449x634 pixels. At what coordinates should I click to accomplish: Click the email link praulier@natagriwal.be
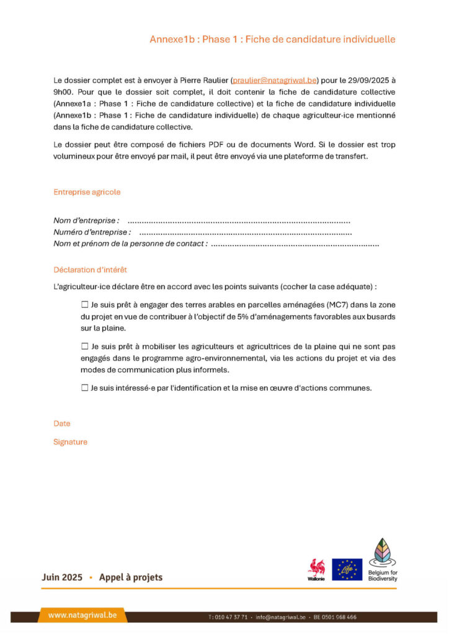pos(275,80)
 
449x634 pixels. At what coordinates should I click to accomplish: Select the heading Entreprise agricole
pos(87,192)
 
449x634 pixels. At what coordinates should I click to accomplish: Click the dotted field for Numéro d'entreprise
pos(246,232)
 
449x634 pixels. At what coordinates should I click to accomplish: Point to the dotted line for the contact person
pos(295,244)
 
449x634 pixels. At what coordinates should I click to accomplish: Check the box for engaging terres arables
pos(85,305)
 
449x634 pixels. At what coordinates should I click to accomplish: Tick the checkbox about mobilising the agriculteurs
pos(85,347)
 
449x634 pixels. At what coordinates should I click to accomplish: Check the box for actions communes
pos(85,388)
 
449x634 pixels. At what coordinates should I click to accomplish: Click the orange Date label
pos(62,423)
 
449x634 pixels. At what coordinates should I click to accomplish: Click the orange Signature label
pos(70,442)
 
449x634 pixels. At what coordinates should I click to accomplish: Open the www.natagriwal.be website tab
pos(82,615)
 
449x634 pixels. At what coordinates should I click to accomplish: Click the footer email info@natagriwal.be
pos(281,617)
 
